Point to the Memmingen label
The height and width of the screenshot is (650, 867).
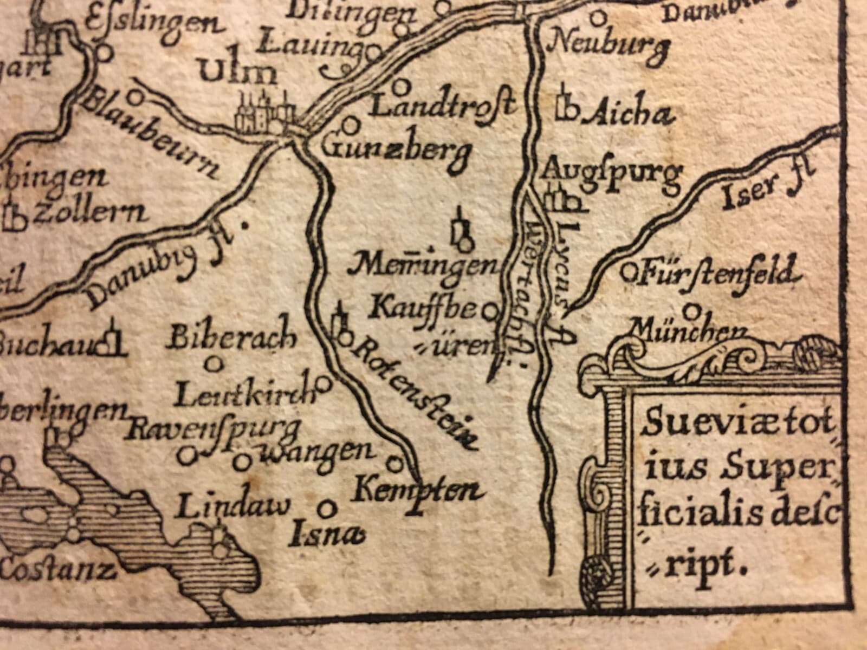(x=423, y=265)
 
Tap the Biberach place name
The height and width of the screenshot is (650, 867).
(x=233, y=339)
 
